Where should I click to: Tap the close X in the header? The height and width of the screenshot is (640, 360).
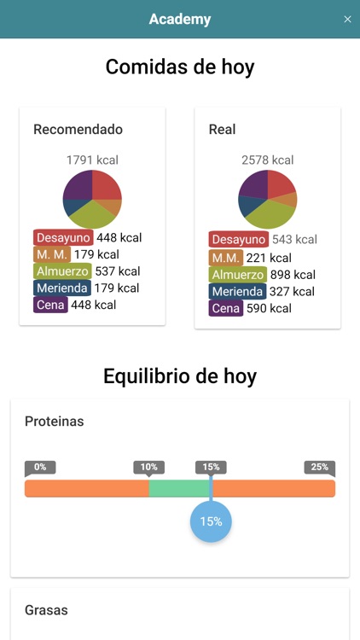347,20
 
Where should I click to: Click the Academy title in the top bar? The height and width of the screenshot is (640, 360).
180,20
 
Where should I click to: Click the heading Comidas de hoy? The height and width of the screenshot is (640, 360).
180,67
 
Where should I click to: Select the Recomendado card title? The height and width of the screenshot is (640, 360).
78,130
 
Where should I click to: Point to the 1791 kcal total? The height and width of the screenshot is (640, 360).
92,160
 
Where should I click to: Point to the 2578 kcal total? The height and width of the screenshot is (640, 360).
268,160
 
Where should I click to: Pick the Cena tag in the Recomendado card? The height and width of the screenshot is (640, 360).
50,305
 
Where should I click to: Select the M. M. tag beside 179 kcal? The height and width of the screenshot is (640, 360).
51,254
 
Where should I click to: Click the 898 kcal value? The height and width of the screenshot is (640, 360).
293,274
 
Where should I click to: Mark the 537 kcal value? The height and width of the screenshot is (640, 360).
117,271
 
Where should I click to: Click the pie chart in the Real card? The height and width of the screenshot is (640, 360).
268,199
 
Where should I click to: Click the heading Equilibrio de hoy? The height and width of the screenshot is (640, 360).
180,375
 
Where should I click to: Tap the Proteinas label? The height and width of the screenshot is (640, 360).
55,422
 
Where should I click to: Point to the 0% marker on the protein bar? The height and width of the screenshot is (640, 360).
40,467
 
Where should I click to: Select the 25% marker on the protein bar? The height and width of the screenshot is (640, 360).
319,467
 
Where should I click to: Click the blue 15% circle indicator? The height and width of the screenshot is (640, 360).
211,521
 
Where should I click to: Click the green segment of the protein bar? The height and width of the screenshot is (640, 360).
179,488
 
